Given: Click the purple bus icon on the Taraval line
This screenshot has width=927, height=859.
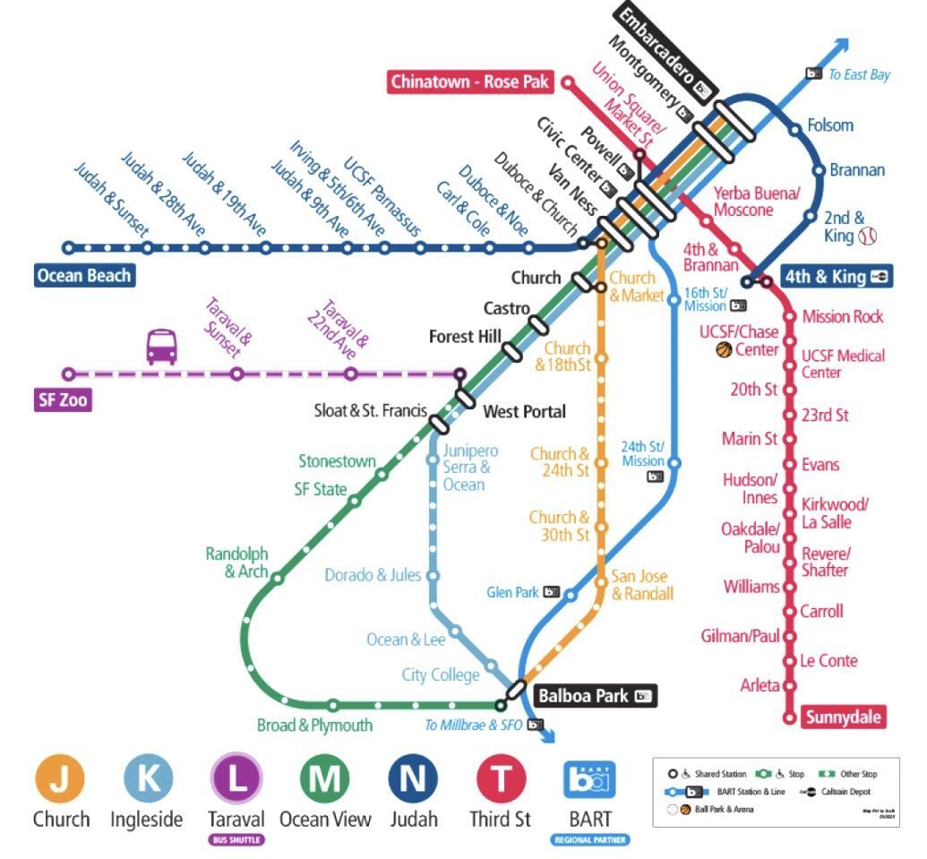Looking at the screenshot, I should click(161, 347).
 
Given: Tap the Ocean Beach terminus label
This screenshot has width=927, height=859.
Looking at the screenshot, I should click(84, 275).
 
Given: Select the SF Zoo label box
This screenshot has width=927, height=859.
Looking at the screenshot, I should click(63, 399).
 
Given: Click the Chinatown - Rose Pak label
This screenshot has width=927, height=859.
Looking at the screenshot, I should click(469, 82).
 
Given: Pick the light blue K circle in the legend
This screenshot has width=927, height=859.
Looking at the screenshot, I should click(147, 778).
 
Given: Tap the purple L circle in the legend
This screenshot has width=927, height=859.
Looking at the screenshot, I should click(236, 778).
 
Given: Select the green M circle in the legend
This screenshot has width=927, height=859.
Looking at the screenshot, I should click(325, 778).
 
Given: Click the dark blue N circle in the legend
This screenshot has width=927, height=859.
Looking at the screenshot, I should click(413, 778).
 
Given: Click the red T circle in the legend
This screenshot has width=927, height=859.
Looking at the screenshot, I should click(500, 778).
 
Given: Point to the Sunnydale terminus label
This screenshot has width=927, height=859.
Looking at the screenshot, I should click(844, 717).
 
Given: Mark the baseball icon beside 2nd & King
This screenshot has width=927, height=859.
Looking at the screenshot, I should click(867, 236).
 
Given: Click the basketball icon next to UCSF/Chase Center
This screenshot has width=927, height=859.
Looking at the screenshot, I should click(724, 350).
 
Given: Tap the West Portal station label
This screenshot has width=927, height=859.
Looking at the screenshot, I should click(524, 412).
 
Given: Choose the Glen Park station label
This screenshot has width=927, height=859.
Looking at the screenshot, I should click(512, 592).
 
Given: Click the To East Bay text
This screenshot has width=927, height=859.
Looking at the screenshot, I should click(858, 74).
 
